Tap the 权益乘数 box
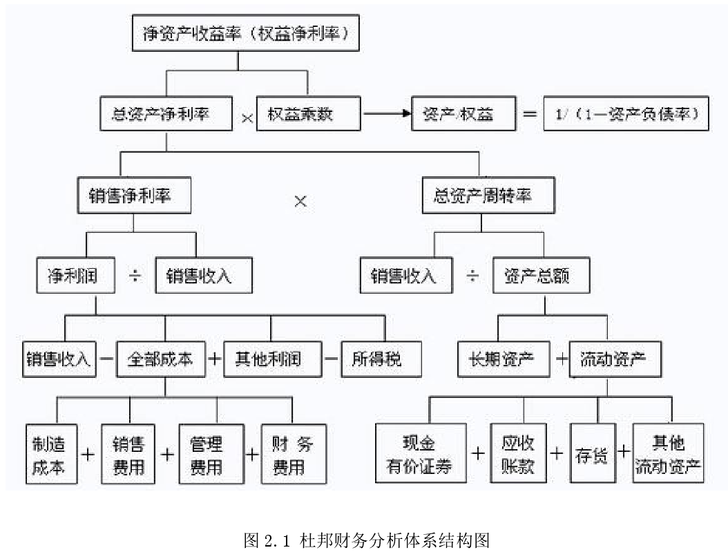308,114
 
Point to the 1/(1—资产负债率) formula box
626,114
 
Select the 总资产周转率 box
487,196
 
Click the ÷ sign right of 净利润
135,276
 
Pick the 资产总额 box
542,276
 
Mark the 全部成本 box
160,359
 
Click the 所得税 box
381,359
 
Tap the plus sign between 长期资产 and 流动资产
561,360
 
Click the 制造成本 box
51,454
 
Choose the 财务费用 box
294,454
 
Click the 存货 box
591,454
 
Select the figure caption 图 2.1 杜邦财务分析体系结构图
367,540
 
